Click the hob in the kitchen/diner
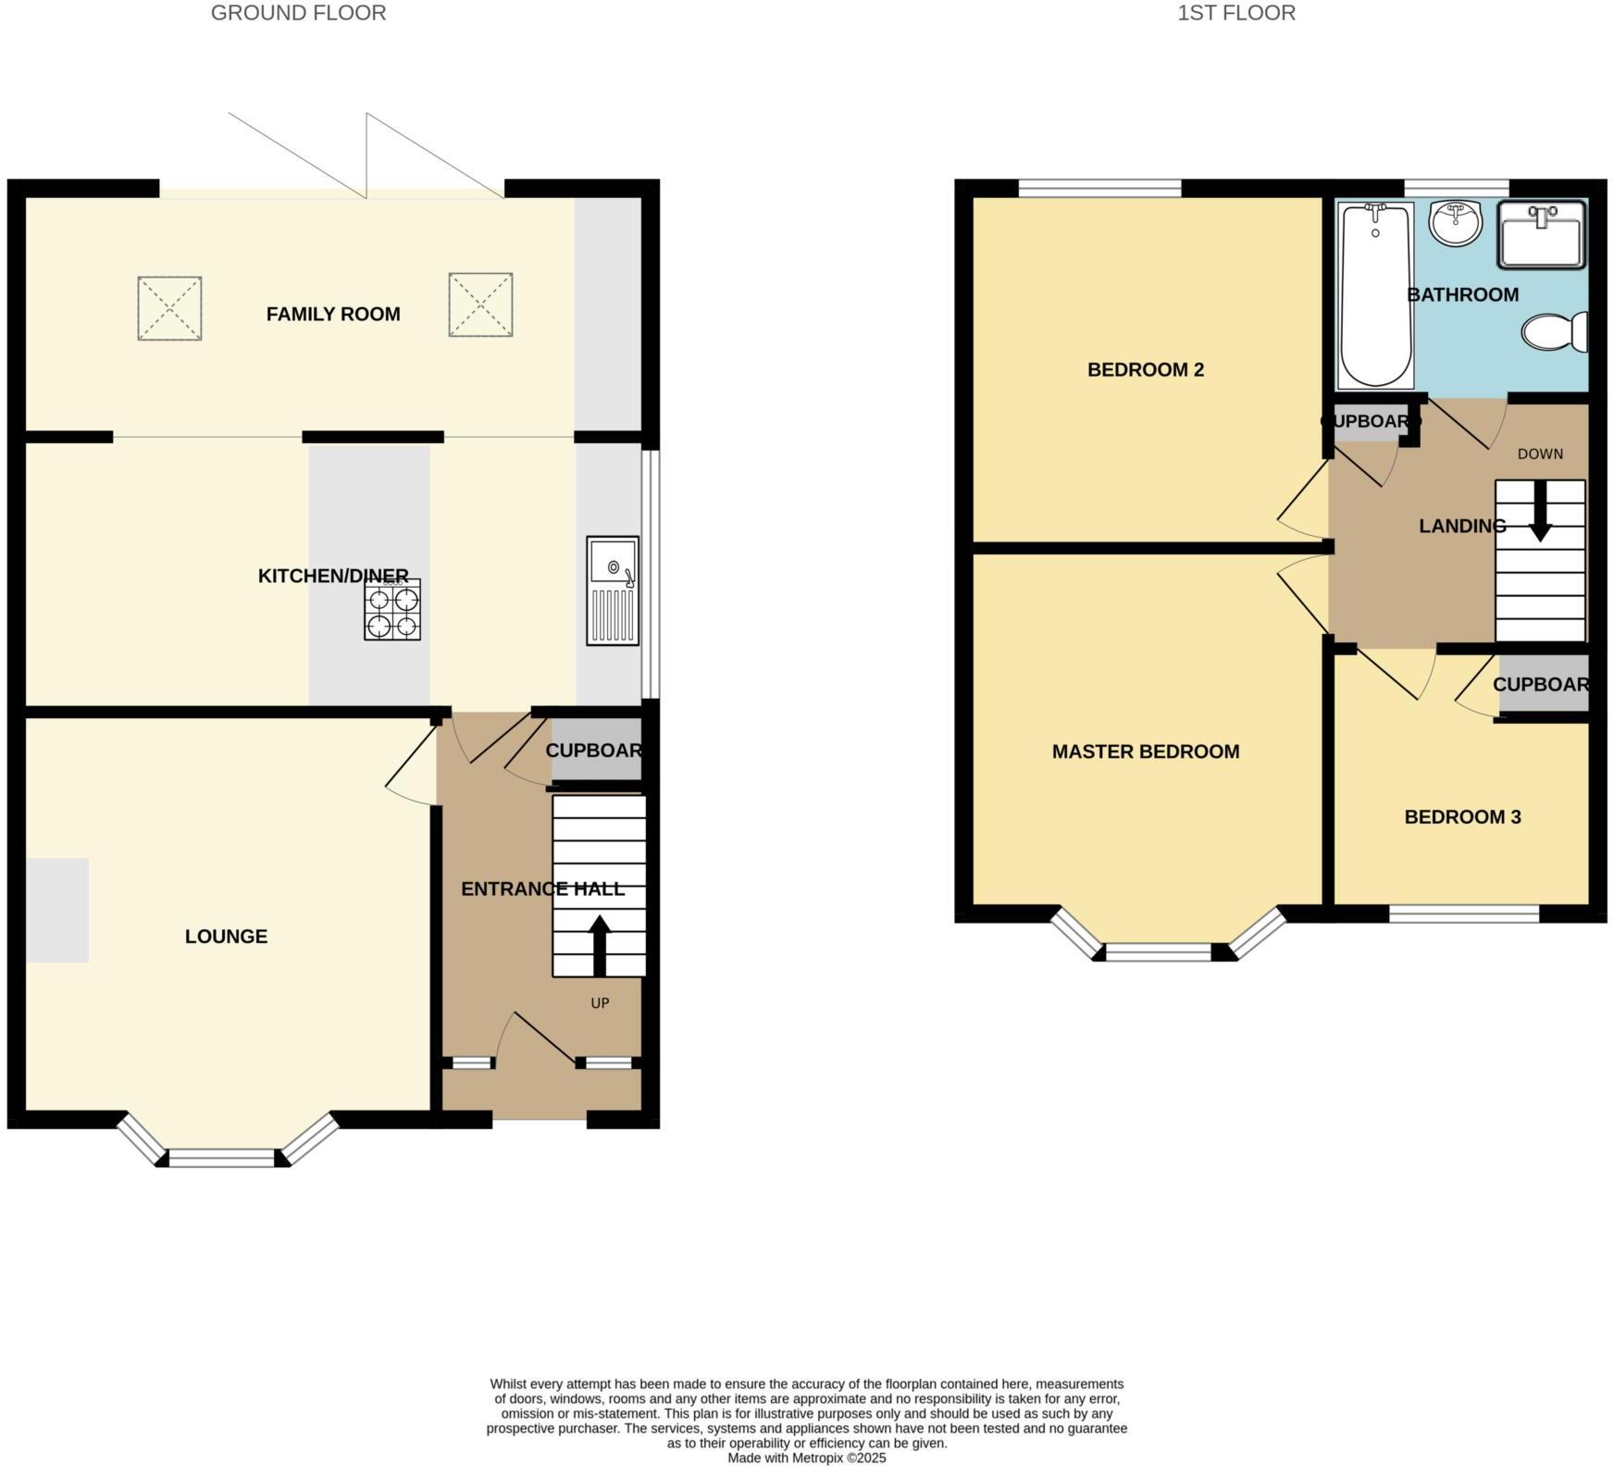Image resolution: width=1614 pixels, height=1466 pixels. (392, 609)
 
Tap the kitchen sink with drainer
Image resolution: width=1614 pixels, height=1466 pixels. (613, 590)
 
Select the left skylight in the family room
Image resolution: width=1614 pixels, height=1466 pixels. (169, 308)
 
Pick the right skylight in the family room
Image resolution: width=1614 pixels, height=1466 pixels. (480, 304)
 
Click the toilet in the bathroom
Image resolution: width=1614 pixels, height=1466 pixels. (1554, 332)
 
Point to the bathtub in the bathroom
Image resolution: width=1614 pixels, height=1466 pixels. (1376, 295)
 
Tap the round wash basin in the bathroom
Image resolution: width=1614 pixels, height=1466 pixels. (1456, 223)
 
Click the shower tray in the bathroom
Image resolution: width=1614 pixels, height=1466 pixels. (1542, 235)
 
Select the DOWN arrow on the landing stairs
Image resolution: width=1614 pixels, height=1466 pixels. (1540, 511)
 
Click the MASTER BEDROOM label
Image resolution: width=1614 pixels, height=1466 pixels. (1146, 752)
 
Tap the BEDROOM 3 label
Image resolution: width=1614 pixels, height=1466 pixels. (1462, 816)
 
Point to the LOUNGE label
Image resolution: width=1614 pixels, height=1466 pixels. (226, 936)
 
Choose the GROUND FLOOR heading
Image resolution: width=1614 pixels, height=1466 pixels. (298, 13)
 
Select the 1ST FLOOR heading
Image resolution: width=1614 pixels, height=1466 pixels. (1235, 13)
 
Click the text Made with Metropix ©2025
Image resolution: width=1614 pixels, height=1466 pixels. (806, 1458)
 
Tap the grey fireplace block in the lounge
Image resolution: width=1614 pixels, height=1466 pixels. (57, 910)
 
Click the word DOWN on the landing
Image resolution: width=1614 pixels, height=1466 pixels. (1540, 453)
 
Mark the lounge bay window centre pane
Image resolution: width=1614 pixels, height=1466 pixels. (222, 1157)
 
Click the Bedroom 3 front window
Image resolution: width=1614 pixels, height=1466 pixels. (1464, 913)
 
